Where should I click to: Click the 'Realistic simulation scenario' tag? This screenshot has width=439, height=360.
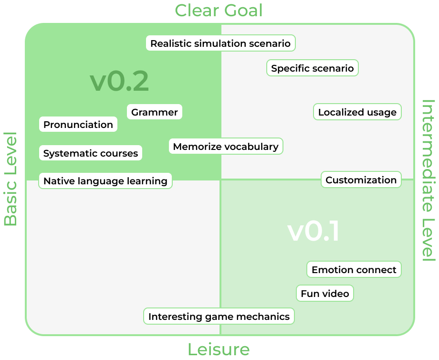[220, 43]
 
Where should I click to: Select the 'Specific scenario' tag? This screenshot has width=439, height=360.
[313, 68]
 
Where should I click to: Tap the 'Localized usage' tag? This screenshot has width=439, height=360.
[357, 112]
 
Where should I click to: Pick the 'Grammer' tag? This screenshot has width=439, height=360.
[155, 112]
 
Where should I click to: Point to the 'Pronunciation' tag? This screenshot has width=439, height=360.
[78, 125]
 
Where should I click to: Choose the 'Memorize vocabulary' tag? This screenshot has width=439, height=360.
[226, 147]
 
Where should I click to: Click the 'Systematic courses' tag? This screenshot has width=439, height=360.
[91, 153]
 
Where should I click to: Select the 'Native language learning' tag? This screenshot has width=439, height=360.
[105, 181]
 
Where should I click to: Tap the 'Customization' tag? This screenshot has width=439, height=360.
[361, 180]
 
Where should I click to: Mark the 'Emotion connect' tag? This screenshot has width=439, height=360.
[354, 270]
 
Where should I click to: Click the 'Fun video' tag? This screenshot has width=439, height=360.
[325, 294]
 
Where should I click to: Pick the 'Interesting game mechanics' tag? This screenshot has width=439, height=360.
[219, 316]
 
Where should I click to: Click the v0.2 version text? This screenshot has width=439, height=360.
[119, 82]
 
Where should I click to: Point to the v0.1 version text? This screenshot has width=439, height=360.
[314, 232]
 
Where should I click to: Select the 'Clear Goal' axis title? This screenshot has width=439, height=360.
[219, 10]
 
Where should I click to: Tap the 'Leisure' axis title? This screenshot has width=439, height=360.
[219, 349]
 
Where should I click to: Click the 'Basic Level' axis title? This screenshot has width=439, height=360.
[10, 179]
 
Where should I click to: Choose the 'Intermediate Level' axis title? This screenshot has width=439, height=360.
[429, 180]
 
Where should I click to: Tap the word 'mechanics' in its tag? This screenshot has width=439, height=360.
[266, 316]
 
